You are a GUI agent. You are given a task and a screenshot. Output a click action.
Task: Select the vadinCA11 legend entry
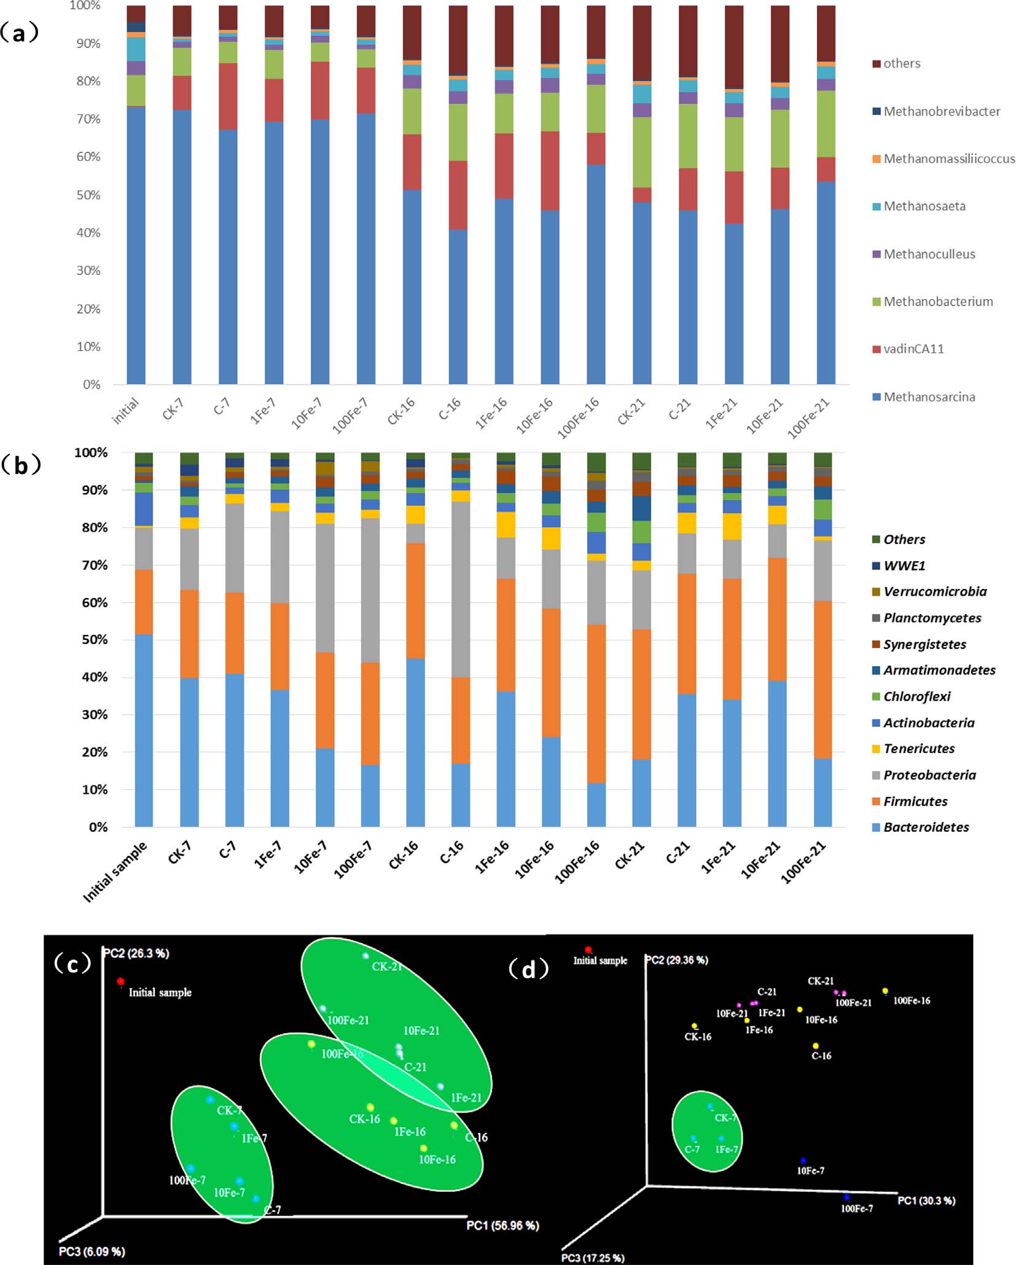pyautogui.click(x=913, y=349)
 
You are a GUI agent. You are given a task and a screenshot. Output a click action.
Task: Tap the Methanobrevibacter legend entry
pyautogui.click(x=941, y=111)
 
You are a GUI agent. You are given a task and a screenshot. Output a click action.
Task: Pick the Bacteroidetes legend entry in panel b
pyautogui.click(x=926, y=827)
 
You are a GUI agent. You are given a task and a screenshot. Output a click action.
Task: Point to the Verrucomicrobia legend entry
pyautogui.click(x=934, y=591)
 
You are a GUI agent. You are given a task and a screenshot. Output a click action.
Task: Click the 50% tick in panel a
pyautogui.click(x=88, y=195)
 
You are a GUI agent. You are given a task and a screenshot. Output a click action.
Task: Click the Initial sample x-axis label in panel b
pyautogui.click(x=116, y=871)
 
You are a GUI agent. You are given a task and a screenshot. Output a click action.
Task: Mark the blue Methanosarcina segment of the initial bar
pyautogui.click(x=136, y=246)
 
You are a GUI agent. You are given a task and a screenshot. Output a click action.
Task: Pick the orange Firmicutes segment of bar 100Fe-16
pyautogui.click(x=596, y=703)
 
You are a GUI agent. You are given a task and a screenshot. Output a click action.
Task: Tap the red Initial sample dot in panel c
pyautogui.click(x=121, y=982)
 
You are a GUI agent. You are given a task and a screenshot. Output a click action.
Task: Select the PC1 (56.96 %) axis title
pyautogui.click(x=502, y=1226)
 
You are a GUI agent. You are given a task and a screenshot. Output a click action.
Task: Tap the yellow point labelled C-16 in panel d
pyautogui.click(x=816, y=1046)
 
